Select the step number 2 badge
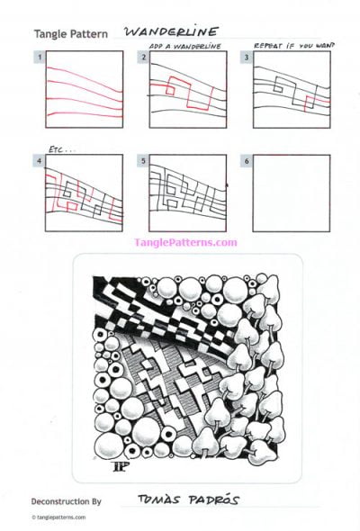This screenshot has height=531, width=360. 144,58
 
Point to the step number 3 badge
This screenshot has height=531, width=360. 248,58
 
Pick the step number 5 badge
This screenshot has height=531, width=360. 144,161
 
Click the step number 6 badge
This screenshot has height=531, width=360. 248,161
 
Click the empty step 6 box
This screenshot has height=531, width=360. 285,193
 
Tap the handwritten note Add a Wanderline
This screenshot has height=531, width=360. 185,44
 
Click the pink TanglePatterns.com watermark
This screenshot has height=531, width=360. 185,242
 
